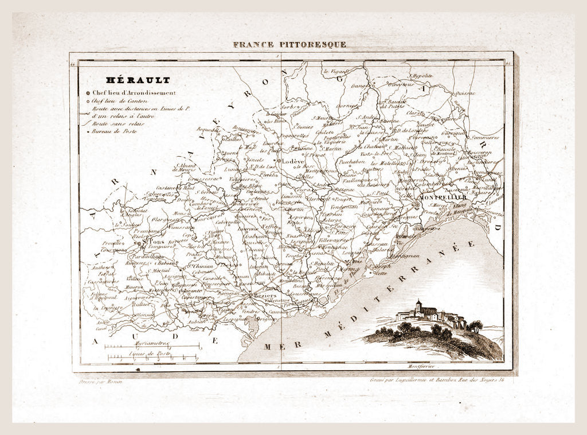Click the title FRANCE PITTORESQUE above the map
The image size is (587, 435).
[289, 44]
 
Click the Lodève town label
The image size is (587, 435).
[292, 162]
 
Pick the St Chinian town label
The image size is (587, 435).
[199, 266]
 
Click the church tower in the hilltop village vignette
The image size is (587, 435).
[419, 305]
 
